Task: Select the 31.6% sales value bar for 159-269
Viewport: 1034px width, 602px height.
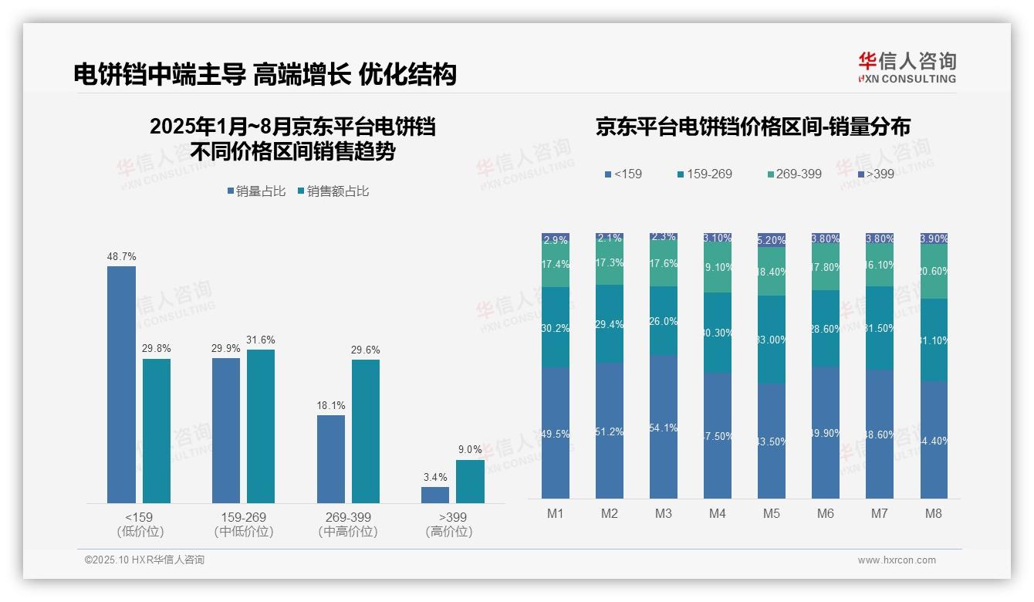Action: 261,426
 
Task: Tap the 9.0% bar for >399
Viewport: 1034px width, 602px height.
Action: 470,482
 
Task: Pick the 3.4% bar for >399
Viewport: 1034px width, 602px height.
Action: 435,495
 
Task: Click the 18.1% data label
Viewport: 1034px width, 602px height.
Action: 331,405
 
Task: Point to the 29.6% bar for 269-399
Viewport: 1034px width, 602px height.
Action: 366,431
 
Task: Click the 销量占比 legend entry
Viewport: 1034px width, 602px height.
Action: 257,191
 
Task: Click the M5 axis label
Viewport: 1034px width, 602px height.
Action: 772,513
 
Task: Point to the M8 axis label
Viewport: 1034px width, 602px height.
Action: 934,513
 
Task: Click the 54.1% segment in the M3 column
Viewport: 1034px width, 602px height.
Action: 664,427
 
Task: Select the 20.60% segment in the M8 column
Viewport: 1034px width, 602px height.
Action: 934,272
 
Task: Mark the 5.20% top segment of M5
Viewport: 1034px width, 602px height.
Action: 772,240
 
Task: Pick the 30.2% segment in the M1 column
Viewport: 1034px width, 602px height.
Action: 556,327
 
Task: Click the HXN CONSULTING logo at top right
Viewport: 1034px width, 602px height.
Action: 907,68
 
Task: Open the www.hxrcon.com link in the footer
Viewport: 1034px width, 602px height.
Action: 897,560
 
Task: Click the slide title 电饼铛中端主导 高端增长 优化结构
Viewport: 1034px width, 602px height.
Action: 265,74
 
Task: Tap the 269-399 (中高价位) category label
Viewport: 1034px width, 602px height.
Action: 348,524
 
